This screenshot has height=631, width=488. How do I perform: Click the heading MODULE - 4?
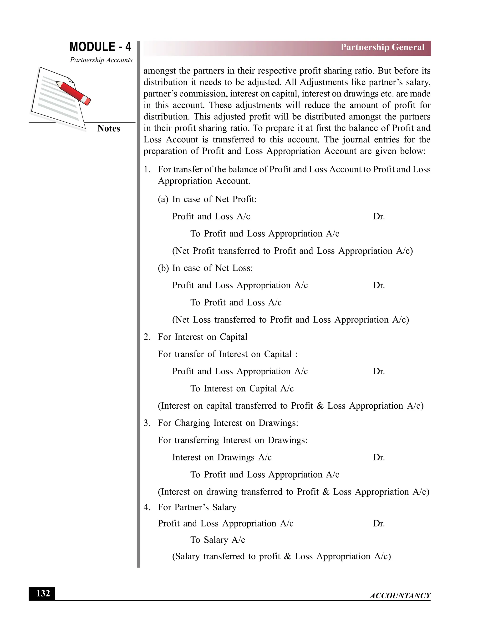(100, 47)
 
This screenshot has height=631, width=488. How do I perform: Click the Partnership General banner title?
(382, 47)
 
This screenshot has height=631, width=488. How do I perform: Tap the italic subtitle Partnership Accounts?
(101, 60)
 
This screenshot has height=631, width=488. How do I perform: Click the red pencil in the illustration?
(73, 93)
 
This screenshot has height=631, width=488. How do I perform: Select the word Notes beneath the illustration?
(108, 129)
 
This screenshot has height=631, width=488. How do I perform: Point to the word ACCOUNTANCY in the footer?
(400, 596)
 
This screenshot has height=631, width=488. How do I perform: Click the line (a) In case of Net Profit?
(207, 199)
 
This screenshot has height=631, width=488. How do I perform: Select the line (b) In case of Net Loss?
(205, 268)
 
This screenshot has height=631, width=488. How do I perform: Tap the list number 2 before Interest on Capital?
(147, 337)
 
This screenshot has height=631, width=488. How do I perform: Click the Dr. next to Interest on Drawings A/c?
(379, 457)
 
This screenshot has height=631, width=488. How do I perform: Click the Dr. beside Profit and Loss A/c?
(379, 216)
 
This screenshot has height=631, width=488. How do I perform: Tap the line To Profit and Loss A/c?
(236, 302)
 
